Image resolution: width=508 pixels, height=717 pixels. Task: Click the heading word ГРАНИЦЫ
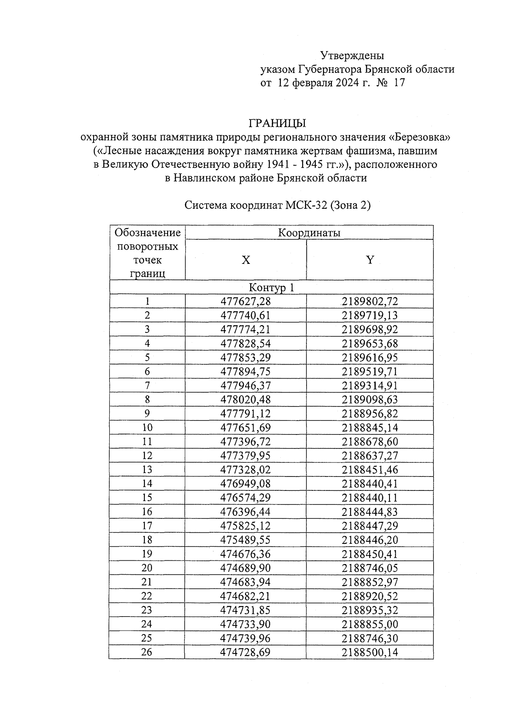277,123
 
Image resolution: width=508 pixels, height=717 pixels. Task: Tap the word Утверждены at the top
352,55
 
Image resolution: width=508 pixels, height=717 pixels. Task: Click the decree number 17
399,83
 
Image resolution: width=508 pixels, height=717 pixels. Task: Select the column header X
246,260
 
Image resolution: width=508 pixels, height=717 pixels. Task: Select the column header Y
370,260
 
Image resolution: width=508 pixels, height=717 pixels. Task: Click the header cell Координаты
309,233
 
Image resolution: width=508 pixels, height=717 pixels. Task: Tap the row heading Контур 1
271,288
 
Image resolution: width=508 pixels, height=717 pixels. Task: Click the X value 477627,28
246,302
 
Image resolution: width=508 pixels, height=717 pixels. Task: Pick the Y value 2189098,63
370,400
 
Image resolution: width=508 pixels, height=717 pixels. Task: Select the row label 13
147,470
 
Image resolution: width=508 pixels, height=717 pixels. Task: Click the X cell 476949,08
246,484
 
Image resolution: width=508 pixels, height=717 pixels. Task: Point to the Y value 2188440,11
370,498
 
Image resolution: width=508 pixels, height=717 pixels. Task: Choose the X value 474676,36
246,554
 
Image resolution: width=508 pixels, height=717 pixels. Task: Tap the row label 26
147,652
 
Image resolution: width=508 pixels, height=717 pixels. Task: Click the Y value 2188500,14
370,652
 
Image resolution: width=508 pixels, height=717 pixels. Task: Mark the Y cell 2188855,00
370,624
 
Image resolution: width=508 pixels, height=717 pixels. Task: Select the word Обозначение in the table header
147,233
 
